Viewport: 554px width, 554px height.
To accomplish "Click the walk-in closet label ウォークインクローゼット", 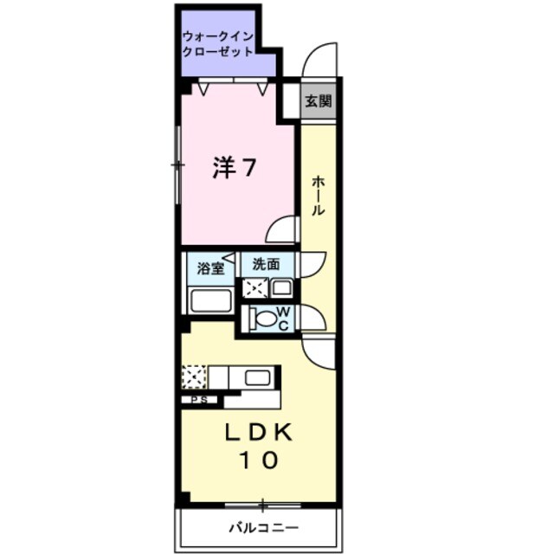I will pos(218,44).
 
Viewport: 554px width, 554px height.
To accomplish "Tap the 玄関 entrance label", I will pos(318,101).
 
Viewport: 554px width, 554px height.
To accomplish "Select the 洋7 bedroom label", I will pos(234,168).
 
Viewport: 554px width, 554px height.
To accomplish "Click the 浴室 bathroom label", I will pos(209,267).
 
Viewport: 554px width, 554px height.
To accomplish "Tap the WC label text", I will pos(283,319).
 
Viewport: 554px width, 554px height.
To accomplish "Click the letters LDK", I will pos(256,432).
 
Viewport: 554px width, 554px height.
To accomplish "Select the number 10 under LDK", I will pos(257,461).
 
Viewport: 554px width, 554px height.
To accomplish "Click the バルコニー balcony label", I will pos(263,528).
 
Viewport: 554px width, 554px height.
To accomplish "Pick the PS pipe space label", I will pos(200,400).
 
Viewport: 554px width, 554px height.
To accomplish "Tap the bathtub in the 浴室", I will pos(209,301).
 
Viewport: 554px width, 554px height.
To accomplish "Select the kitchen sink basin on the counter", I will pos(257,377).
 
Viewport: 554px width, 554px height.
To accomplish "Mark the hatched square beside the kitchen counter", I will pos(195,377).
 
